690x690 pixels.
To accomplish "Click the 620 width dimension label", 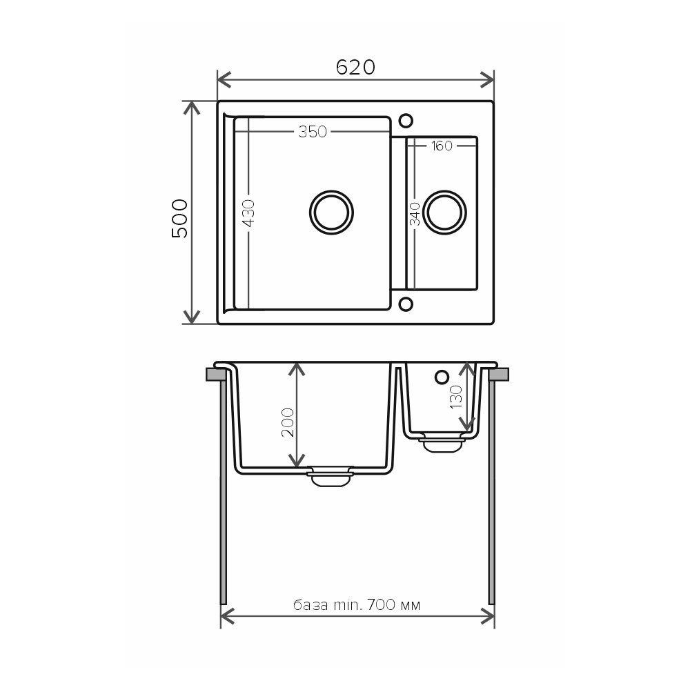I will tap(355, 67).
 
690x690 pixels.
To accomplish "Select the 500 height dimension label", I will tap(179, 218).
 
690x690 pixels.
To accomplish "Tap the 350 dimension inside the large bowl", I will tap(313, 132).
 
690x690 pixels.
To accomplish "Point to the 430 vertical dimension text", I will tap(248, 213).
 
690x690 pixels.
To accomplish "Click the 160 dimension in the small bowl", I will tap(442, 146).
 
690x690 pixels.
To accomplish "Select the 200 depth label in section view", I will tap(288, 422).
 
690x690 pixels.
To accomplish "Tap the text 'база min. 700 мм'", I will tap(357, 605).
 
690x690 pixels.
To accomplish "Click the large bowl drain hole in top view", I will tap(331, 211).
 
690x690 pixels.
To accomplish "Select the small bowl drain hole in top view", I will tap(444, 211).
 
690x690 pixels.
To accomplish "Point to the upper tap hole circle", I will tap(406, 121).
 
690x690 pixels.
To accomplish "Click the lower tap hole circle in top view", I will tap(406, 304).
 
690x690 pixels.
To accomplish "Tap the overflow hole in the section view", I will tap(442, 377).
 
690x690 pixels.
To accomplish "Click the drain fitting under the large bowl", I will tap(330, 477).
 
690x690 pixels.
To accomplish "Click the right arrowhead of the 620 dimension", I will tap(489, 79).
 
